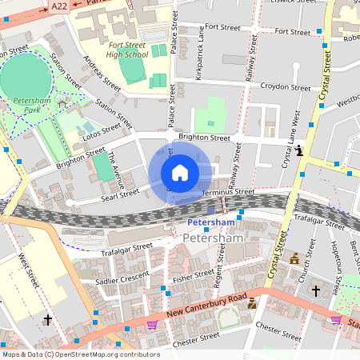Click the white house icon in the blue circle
point(179,173)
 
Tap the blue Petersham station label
point(211,222)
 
